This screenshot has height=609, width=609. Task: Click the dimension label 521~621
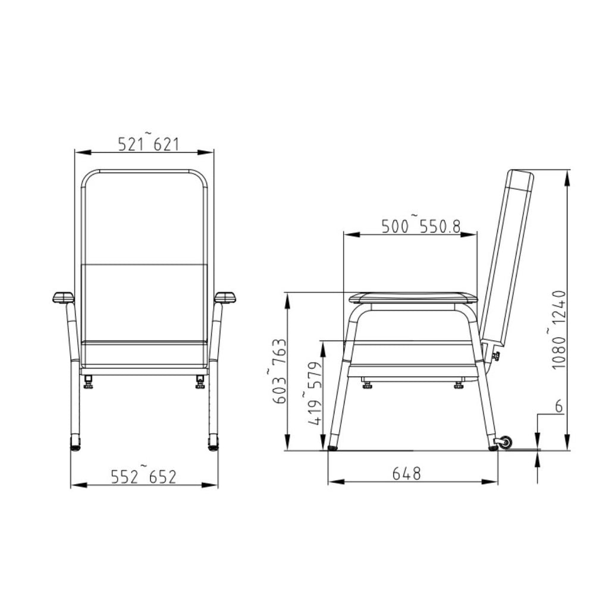pyautogui.click(x=148, y=143)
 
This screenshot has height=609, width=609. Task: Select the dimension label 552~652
pyautogui.click(x=144, y=475)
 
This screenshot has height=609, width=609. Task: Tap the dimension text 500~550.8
pyautogui.click(x=420, y=225)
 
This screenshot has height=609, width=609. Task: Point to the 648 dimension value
pyautogui.click(x=407, y=473)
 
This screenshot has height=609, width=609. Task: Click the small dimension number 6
pyautogui.click(x=559, y=406)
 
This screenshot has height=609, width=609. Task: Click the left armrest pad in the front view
pyautogui.click(x=63, y=297)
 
